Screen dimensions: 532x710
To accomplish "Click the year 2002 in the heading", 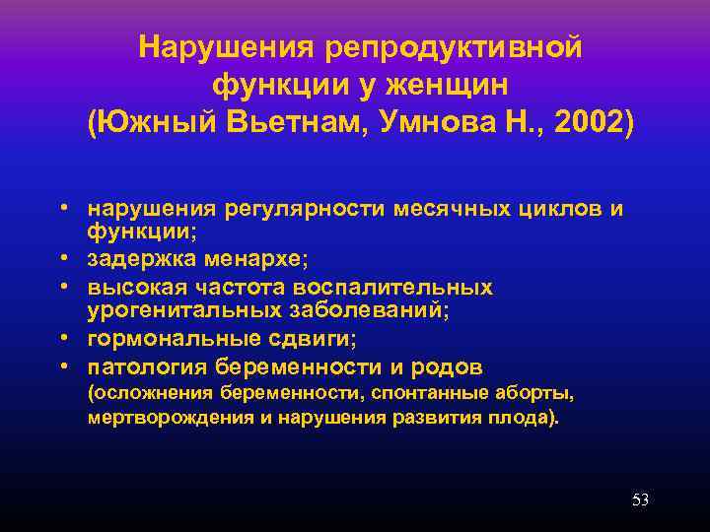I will [588, 124].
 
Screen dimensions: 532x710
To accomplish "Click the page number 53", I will [640, 500].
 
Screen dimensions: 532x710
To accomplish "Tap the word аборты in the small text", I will [540, 394].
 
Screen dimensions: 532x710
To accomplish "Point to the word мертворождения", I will [163, 417].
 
